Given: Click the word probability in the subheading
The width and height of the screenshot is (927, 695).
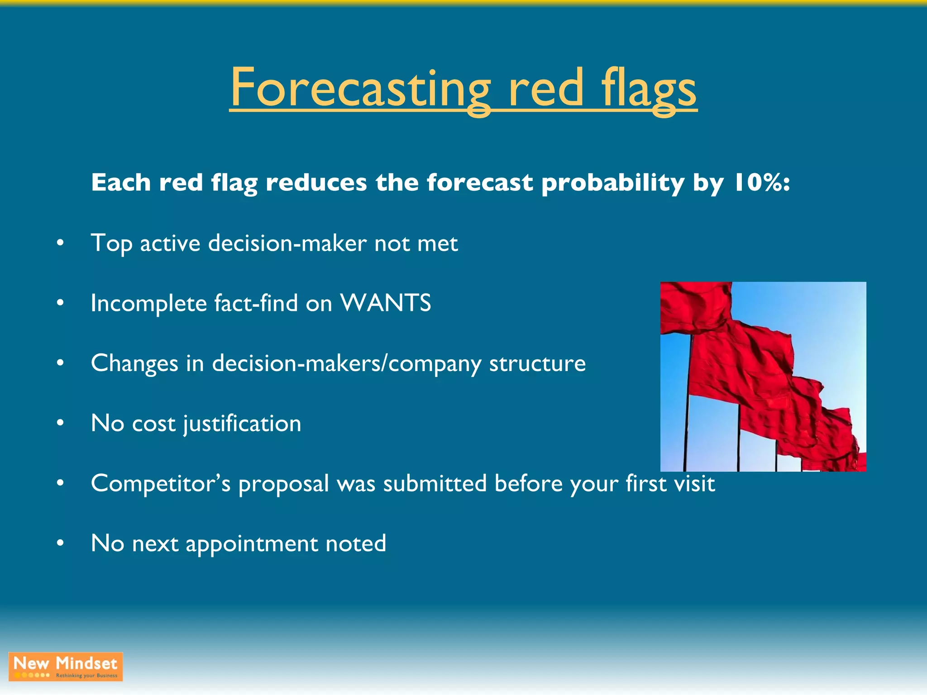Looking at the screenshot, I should point(612,183).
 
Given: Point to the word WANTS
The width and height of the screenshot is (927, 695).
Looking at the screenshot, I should point(385,303).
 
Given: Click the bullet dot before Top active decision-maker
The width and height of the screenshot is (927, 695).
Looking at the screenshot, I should point(60,243).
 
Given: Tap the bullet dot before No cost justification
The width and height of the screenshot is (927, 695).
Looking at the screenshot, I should point(60,423).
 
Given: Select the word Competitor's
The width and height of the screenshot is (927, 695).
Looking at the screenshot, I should point(161,483).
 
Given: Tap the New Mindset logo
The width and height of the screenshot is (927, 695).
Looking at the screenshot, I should point(66,666).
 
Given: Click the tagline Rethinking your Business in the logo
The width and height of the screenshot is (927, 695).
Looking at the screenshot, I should point(86,676).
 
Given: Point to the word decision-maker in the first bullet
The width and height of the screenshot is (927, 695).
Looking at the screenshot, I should point(287,243).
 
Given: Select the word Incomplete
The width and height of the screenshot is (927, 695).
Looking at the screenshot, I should point(148,303).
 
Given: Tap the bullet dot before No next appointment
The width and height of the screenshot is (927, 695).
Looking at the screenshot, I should point(60,543).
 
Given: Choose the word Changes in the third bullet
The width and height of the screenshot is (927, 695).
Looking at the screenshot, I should point(134,363).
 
